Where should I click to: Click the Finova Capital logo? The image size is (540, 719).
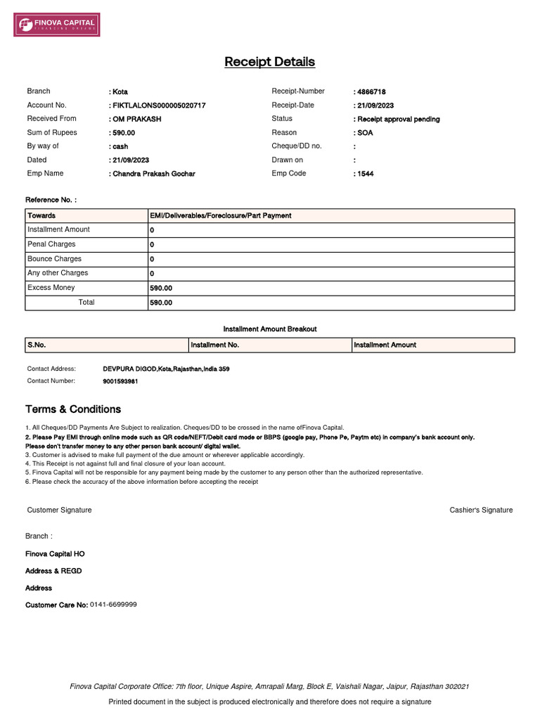[57, 25]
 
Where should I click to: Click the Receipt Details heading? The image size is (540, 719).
[270, 62]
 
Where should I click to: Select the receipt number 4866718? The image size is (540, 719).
[371, 92]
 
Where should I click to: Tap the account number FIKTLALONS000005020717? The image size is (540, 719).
[159, 105]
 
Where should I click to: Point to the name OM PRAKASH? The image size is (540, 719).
[136, 119]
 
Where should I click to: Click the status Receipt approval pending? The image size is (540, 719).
[398, 119]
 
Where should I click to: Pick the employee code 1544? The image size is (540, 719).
[365, 174]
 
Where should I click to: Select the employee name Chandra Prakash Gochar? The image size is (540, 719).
[154, 174]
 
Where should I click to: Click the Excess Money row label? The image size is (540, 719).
[51, 288]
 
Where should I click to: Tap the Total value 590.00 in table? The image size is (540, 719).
[161, 303]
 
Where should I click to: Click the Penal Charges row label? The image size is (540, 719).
[51, 244]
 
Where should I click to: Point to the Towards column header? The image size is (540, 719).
[41, 216]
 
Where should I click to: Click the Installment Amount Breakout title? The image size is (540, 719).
[270, 329]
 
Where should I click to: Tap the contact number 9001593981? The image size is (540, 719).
[120, 381]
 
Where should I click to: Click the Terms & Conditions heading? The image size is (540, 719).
[73, 409]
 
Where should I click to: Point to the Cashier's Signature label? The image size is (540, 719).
[481, 510]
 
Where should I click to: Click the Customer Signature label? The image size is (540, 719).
[59, 510]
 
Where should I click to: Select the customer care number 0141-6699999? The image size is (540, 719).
[113, 605]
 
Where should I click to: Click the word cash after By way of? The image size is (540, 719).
[120, 147]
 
